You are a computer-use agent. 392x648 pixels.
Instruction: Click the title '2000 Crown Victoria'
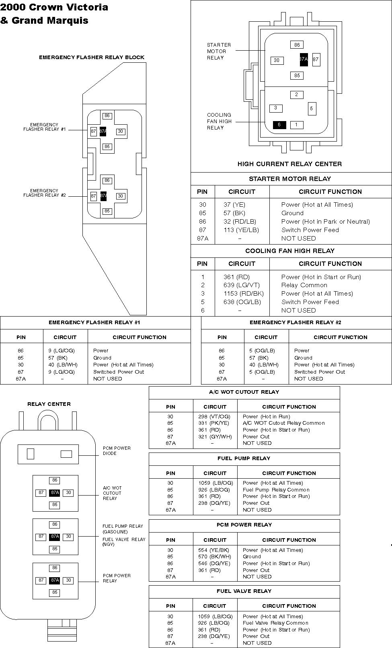[x=54, y=7]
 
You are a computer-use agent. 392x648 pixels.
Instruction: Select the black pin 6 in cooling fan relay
[x=279, y=125]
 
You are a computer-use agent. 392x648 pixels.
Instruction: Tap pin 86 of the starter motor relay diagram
[x=297, y=45]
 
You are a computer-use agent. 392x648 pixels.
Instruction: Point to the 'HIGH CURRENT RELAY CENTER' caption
[x=289, y=164]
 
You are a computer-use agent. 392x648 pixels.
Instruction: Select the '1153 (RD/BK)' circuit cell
[x=244, y=294]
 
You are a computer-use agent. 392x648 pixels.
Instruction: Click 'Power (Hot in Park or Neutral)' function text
[x=325, y=222]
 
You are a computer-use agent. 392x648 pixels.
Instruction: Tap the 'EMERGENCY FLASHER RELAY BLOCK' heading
[x=92, y=58]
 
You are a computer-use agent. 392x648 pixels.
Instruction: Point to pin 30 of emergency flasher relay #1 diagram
[x=120, y=132]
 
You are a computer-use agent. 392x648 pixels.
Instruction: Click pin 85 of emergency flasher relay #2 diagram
[x=107, y=211]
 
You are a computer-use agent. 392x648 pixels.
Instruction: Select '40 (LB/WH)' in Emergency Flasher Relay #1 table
[x=63, y=365]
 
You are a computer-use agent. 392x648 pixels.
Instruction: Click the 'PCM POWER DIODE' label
[x=117, y=451]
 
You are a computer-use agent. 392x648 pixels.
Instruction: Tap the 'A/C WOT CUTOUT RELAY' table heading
[x=244, y=392]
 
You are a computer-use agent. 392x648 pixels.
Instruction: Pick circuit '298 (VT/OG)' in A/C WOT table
[x=214, y=417]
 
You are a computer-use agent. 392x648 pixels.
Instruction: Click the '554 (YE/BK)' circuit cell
[x=213, y=550]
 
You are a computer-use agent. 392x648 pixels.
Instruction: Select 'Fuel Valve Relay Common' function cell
[x=275, y=623]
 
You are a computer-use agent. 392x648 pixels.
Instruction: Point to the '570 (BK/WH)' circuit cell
[x=215, y=557]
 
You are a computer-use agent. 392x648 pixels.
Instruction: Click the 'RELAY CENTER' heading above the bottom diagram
[x=49, y=404]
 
